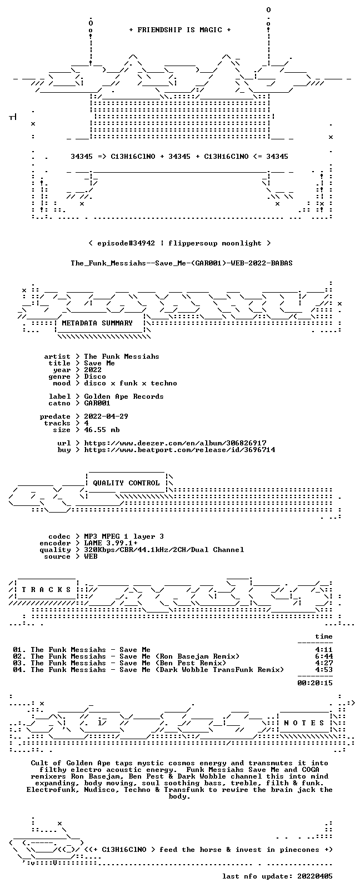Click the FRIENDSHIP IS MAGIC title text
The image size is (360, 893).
tap(180, 30)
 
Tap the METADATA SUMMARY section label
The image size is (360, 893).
tap(97, 323)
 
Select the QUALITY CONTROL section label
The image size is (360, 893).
tap(126, 483)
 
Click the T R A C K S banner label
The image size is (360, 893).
tap(46, 590)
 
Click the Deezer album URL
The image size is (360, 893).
tap(176, 443)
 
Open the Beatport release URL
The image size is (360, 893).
tap(180, 450)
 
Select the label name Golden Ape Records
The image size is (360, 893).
tap(124, 397)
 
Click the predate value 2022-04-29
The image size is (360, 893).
tap(106, 416)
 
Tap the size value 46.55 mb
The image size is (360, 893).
tap(102, 430)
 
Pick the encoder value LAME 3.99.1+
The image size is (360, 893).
tap(111, 543)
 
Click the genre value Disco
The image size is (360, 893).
tap(95, 377)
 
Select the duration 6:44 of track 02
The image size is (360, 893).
tap(324, 656)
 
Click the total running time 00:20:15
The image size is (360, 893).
tap(315, 683)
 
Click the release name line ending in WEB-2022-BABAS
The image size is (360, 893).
tap(182, 263)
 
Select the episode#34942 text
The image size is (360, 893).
tap(126, 243)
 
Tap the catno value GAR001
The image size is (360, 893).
tap(97, 403)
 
